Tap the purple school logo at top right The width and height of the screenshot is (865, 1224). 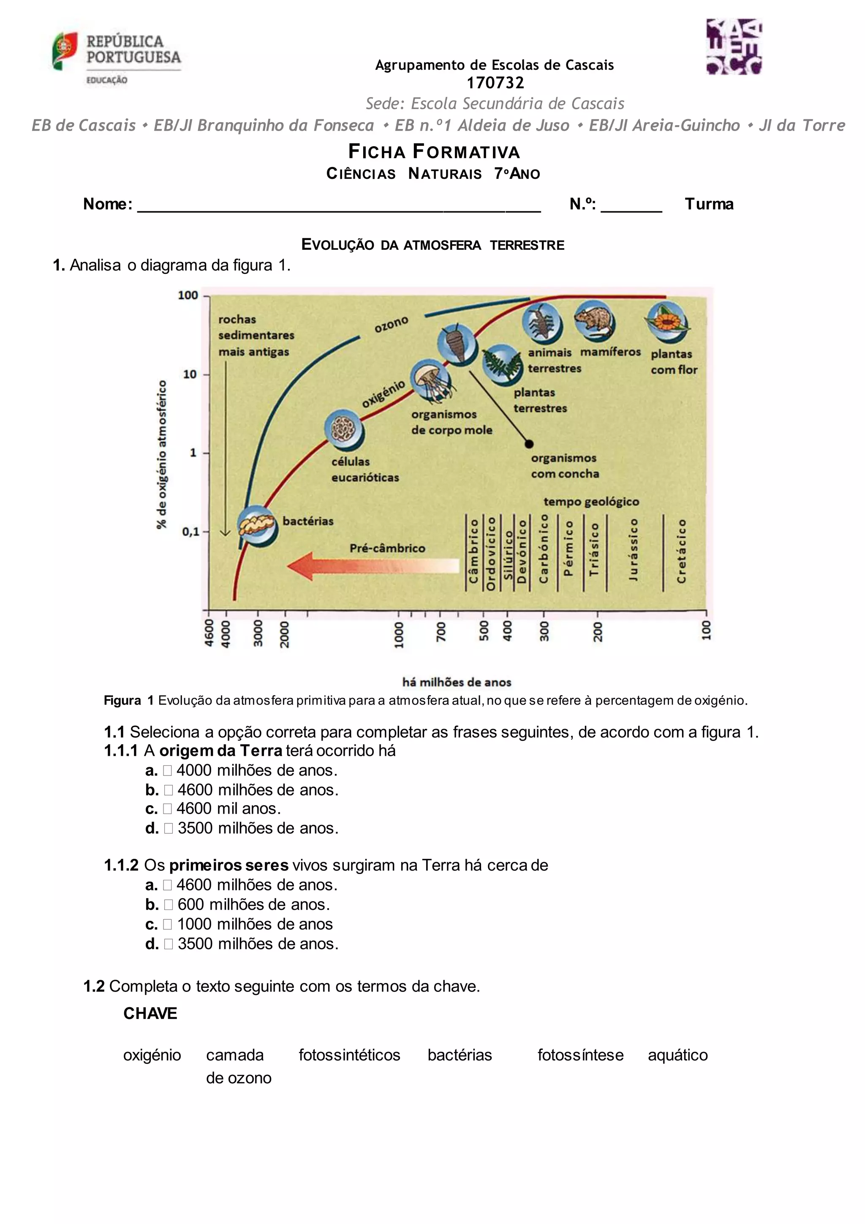pyautogui.click(x=734, y=47)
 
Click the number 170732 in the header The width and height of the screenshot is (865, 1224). pyautogui.click(x=495, y=83)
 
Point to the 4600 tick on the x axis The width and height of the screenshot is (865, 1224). pyautogui.click(x=209, y=633)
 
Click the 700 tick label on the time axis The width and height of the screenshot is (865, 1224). pyautogui.click(x=441, y=632)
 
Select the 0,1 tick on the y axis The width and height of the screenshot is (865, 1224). pyautogui.click(x=191, y=532)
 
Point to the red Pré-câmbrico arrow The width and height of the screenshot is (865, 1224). pyautogui.click(x=373, y=566)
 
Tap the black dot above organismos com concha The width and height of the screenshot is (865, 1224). pyautogui.click(x=529, y=443)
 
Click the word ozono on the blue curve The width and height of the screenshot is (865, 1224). pyautogui.click(x=392, y=324)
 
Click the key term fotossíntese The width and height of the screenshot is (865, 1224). pyautogui.click(x=580, y=1055)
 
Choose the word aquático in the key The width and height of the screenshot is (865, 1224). pyautogui.click(x=677, y=1055)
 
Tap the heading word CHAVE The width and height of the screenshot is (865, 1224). pyautogui.click(x=150, y=1014)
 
